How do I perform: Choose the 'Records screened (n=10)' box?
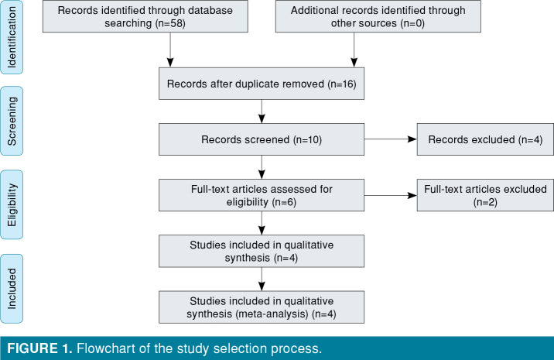262,141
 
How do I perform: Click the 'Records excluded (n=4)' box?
484,141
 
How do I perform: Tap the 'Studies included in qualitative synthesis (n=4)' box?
262,252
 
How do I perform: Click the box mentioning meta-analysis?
262,307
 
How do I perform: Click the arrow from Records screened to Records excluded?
391,141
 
